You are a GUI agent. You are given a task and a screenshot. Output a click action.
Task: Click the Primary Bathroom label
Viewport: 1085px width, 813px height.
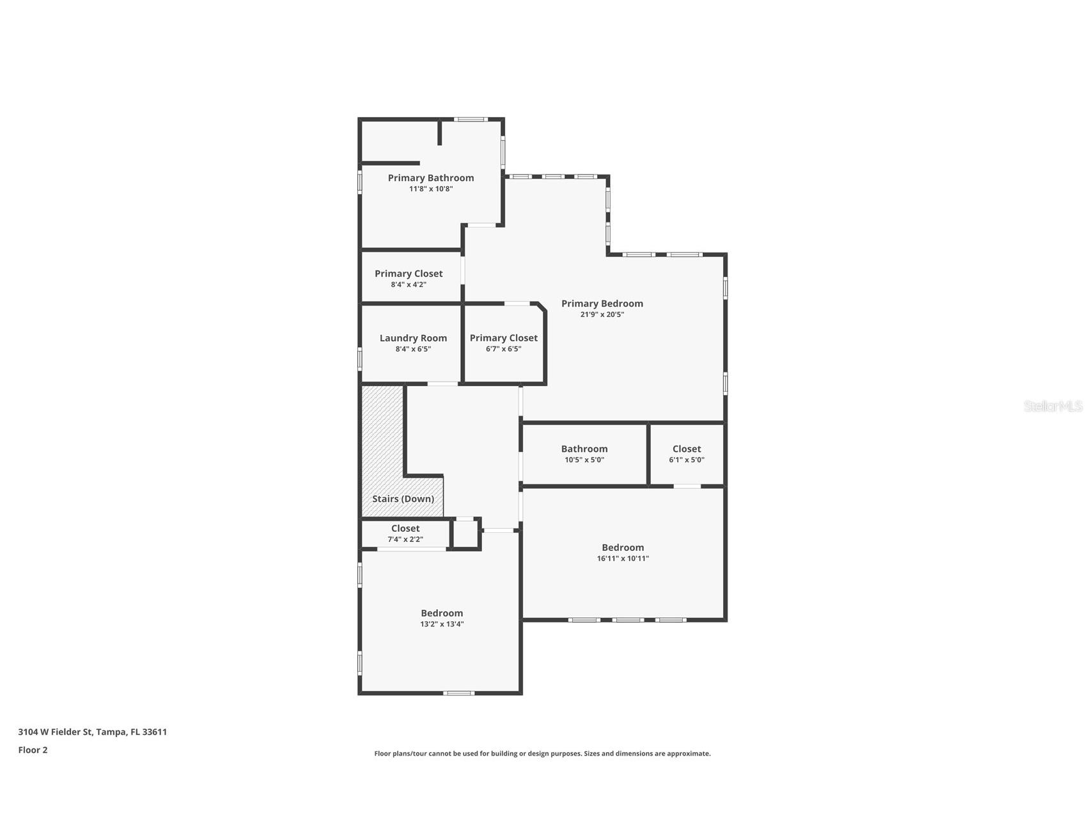(x=431, y=178)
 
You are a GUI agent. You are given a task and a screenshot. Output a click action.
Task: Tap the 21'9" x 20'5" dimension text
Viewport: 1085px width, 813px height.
(x=602, y=314)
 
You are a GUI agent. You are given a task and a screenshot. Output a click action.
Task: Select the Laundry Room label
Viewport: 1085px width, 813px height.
(x=413, y=338)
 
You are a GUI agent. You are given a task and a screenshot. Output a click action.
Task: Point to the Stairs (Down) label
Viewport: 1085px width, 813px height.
(x=403, y=499)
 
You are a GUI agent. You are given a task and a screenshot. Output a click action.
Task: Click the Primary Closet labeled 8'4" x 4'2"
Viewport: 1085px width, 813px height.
(x=409, y=274)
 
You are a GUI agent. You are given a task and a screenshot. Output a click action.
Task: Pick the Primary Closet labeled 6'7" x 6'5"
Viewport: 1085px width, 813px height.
(x=503, y=338)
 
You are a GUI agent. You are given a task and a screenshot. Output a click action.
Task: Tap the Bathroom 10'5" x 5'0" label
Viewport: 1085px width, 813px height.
(x=584, y=449)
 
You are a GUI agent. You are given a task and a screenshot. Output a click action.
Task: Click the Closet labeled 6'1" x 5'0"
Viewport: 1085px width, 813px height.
(x=686, y=449)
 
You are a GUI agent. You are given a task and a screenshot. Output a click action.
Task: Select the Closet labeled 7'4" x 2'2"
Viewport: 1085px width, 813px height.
(x=405, y=529)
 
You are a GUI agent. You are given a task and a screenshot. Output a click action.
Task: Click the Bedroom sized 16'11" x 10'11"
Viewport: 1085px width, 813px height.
(x=622, y=548)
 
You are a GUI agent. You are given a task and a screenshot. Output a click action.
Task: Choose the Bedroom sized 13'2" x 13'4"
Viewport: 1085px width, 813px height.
(x=441, y=614)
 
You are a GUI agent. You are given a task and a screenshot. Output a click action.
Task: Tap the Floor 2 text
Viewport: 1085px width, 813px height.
(x=33, y=750)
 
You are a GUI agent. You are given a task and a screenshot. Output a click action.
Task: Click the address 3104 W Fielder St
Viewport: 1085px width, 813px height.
(x=92, y=732)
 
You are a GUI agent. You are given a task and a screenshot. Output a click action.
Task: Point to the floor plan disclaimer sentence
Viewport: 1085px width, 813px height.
(x=542, y=754)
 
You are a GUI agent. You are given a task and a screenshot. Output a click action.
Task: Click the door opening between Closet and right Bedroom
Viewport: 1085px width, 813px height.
(x=687, y=486)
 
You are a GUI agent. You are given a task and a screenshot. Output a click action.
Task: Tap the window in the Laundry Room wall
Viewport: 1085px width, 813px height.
(x=360, y=358)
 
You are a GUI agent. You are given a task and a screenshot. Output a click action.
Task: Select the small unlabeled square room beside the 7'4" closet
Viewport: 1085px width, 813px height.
(x=465, y=534)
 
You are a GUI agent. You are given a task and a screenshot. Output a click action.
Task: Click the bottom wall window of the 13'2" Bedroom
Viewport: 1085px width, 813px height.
(x=459, y=693)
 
